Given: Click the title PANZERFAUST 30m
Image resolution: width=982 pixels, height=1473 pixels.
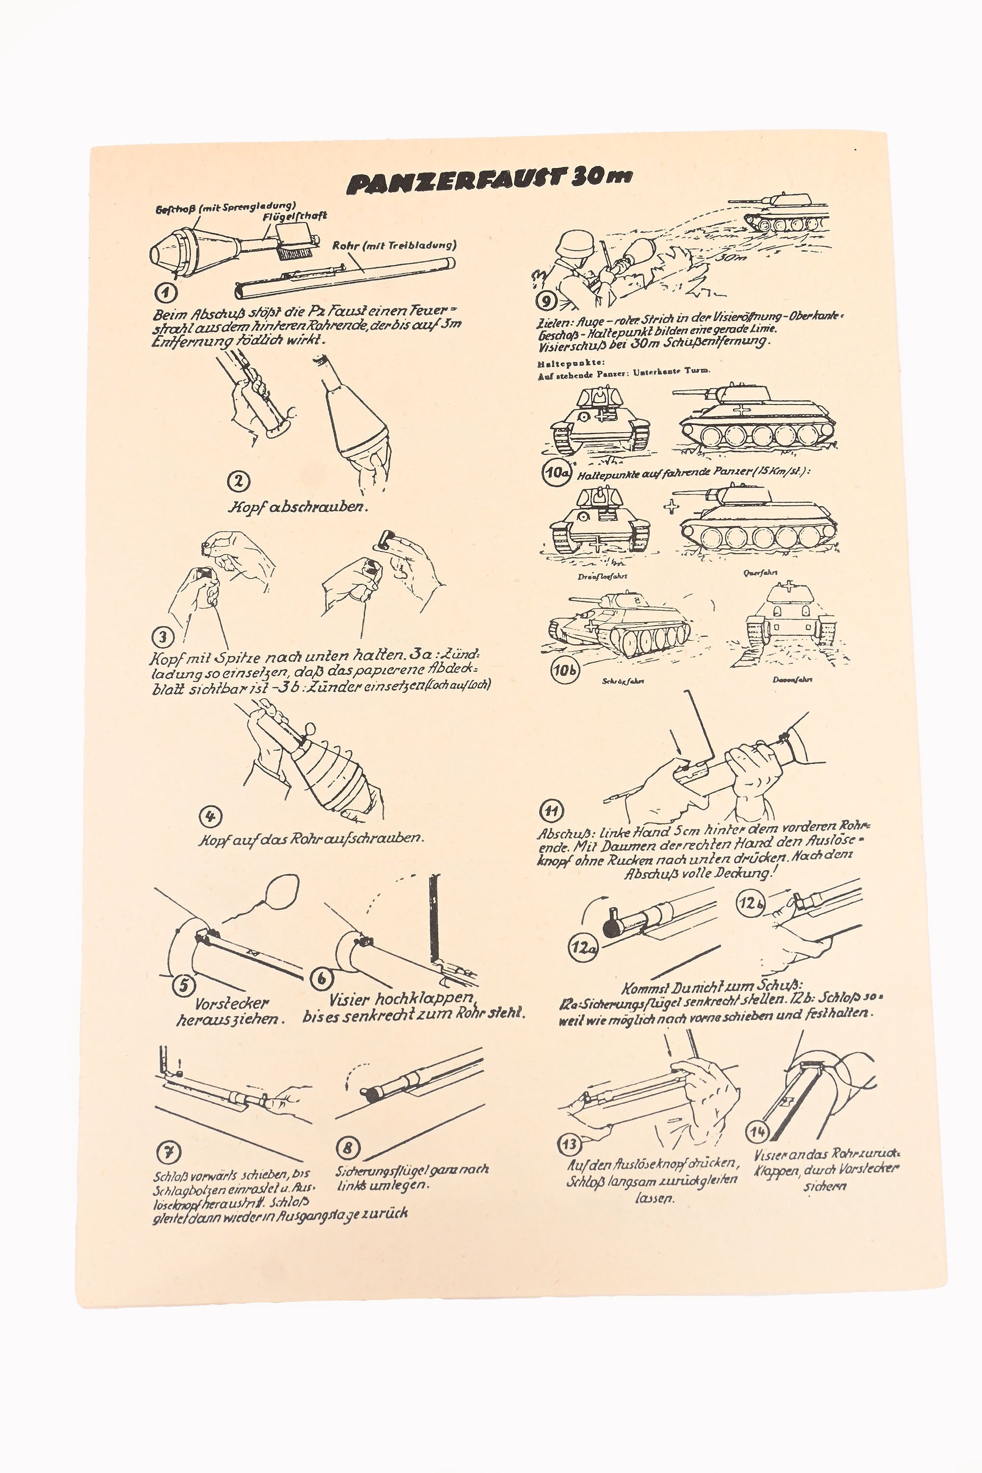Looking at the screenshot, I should click(x=489, y=180).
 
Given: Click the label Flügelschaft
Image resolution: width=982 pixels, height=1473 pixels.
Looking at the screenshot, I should click(x=294, y=217).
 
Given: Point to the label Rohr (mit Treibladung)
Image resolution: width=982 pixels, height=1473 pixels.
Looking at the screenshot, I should click(x=394, y=245).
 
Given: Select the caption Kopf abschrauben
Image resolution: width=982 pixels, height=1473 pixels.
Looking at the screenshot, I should click(x=298, y=507).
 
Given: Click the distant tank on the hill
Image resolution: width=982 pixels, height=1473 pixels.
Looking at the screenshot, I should click(x=786, y=213).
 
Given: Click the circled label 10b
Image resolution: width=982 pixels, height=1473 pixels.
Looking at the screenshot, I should click(x=565, y=670).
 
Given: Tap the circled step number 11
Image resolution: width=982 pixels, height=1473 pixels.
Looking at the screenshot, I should click(x=551, y=812).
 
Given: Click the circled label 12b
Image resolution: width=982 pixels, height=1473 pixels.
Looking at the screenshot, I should click(x=750, y=904).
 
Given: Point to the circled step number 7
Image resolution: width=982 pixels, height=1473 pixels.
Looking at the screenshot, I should click(x=167, y=1152).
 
